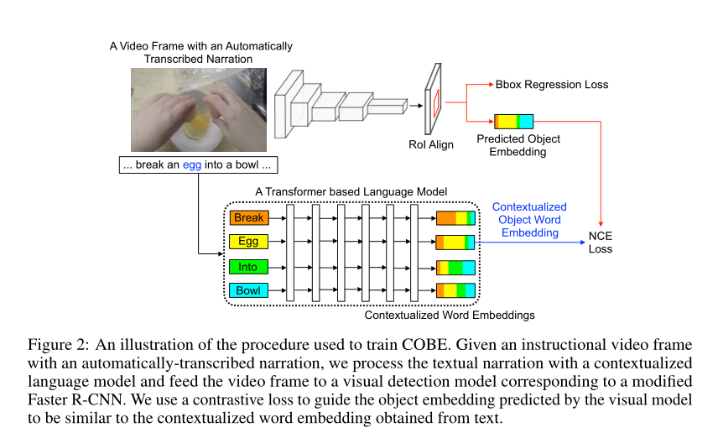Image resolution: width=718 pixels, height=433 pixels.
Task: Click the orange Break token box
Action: pyautogui.click(x=248, y=218)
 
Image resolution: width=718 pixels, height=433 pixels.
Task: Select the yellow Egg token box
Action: pyautogui.click(x=248, y=243)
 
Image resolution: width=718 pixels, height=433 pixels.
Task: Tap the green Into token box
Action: pyautogui.click(x=248, y=267)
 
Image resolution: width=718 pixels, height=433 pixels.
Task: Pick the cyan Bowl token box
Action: pyautogui.click(x=248, y=291)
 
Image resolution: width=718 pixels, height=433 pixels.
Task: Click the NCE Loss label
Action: pyautogui.click(x=601, y=242)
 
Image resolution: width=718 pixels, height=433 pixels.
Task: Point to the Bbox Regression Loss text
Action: pyautogui.click(x=552, y=85)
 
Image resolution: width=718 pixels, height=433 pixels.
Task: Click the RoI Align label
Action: pyautogui.click(x=431, y=145)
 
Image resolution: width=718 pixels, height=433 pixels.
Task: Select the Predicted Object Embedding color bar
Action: pyautogui.click(x=513, y=121)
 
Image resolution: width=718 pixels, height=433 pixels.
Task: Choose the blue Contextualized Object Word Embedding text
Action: pyautogui.click(x=529, y=220)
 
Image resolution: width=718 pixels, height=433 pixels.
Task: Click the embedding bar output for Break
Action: pyautogui.click(x=455, y=218)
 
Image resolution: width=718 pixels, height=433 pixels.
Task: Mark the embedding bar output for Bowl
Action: pyautogui.click(x=455, y=291)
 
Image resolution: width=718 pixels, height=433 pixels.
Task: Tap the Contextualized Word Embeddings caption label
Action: pyautogui.click(x=450, y=316)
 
